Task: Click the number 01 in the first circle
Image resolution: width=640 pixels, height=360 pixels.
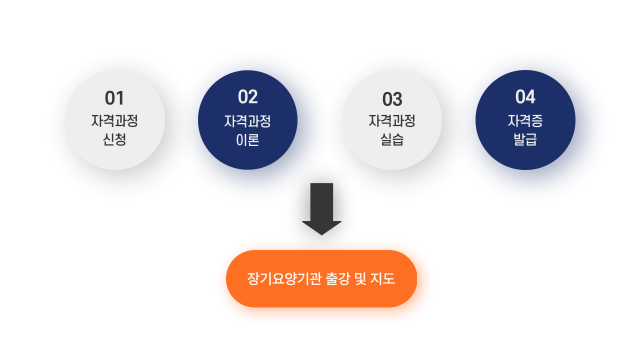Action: click(x=114, y=98)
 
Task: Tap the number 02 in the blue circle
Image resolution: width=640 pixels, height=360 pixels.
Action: click(x=247, y=97)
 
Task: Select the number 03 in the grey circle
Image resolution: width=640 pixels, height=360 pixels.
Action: click(x=392, y=99)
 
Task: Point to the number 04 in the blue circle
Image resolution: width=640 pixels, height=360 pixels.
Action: click(x=525, y=96)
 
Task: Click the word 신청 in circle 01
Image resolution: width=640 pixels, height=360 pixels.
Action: click(x=114, y=139)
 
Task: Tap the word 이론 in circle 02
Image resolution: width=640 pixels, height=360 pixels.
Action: click(x=247, y=140)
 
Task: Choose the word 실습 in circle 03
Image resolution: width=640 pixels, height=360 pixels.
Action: click(x=392, y=139)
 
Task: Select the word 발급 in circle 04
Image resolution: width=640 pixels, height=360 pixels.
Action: click(x=525, y=139)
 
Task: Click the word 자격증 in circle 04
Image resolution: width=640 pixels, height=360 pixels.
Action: click(x=525, y=120)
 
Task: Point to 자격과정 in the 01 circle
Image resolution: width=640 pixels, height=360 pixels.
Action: click(x=114, y=120)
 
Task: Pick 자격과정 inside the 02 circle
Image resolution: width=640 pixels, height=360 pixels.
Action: click(x=247, y=121)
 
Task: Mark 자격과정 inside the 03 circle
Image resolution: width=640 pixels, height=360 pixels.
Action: click(x=392, y=120)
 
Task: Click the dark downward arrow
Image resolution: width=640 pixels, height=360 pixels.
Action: click(x=321, y=209)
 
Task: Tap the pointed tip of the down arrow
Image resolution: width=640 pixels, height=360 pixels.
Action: click(x=321, y=235)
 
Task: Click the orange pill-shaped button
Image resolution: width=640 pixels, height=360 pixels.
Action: click(x=321, y=279)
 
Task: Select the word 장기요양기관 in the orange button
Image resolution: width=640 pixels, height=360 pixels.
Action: click(x=284, y=278)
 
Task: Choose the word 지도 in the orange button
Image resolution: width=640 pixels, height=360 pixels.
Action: click(x=383, y=278)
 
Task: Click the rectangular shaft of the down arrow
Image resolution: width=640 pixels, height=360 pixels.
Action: click(x=321, y=202)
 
